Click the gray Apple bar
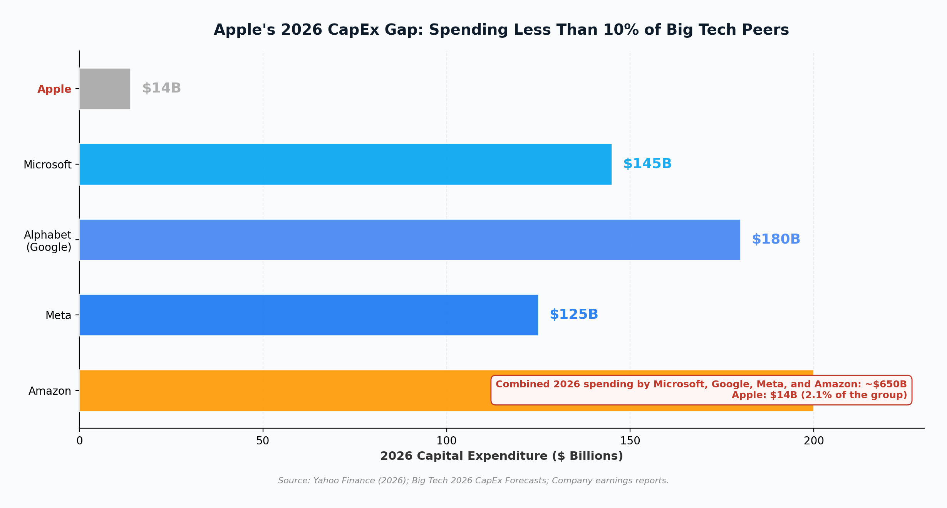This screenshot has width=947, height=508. point(105,89)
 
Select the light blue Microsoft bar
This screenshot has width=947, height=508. point(345,164)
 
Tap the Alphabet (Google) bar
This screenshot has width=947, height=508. point(410,240)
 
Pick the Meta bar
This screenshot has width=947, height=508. point(308,315)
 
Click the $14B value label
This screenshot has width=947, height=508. point(161,88)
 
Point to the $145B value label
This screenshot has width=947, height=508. point(647,164)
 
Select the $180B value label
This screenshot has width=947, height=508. point(776,239)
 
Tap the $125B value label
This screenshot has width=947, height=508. point(573,315)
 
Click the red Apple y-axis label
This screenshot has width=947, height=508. point(54,89)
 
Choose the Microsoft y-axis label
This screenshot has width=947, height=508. point(47,165)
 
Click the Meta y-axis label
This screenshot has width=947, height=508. point(58,316)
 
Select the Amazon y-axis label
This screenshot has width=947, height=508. point(50,391)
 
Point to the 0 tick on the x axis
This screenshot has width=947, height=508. point(79,441)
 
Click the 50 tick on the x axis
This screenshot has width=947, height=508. point(263,441)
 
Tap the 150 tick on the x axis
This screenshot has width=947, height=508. point(630,441)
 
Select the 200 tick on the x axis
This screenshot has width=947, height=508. point(813,441)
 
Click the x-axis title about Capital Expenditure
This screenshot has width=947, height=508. point(501,456)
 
